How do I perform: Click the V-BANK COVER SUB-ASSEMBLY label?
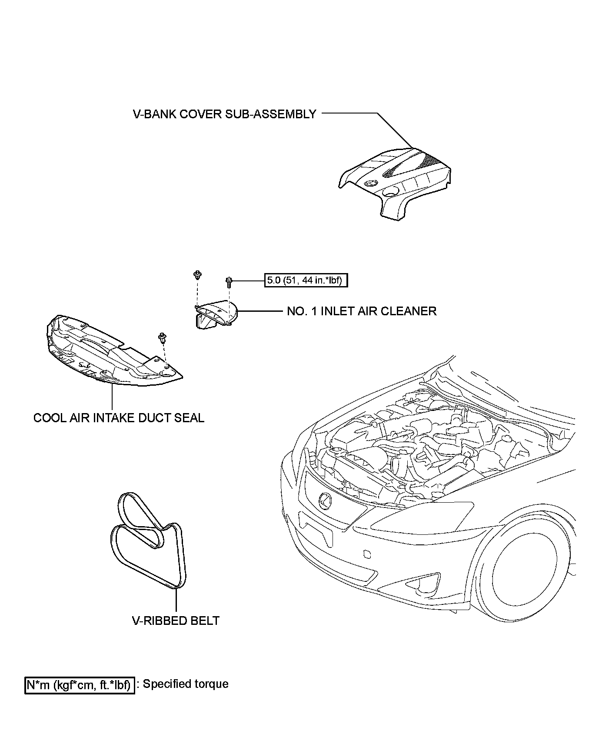click(224, 114)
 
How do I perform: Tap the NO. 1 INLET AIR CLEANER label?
click(362, 311)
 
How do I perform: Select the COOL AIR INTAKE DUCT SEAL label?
click(119, 418)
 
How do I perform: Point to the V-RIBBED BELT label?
click(176, 621)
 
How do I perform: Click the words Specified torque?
click(186, 684)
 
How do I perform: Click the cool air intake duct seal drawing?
click(109, 352)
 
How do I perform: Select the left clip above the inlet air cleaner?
click(197, 275)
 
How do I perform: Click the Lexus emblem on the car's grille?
click(325, 500)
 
